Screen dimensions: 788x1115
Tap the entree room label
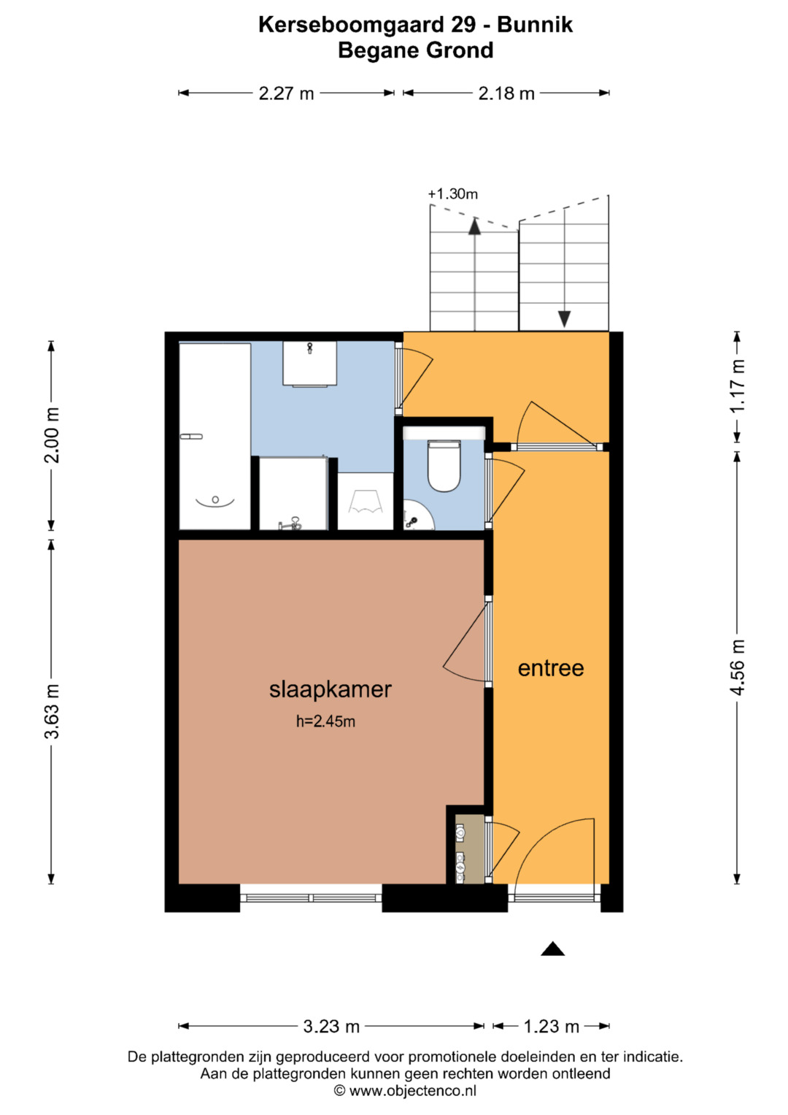click(551, 669)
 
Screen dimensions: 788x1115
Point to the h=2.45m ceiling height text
click(326, 721)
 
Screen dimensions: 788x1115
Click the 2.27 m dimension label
click(286, 93)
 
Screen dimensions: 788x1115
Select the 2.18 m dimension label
click(506, 93)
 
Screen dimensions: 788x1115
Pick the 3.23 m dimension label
click(331, 1026)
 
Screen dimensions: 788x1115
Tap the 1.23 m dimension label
click(551, 1026)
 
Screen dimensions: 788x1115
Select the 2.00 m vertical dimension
click(52, 435)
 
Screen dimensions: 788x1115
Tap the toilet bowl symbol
click(444, 466)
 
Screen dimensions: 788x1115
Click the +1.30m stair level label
click(452, 194)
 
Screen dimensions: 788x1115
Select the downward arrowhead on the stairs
click(564, 319)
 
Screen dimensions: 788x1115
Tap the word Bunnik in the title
click(535, 24)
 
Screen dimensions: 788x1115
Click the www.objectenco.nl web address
click(412, 1091)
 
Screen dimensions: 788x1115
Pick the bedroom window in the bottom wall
click(311, 898)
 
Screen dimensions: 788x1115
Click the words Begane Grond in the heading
click(416, 50)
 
